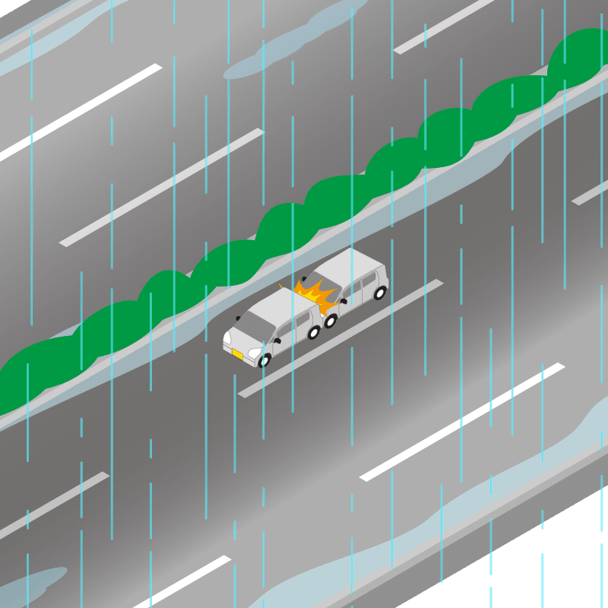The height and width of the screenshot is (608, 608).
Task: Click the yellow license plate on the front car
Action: point(237,354)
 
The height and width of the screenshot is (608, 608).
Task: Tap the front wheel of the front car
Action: point(264,359)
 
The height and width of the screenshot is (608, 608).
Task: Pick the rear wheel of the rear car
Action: point(380,292)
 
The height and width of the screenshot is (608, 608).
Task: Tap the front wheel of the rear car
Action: point(331,320)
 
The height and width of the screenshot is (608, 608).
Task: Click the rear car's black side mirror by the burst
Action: point(343,302)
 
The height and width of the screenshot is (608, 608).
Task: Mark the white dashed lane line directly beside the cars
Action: point(342,338)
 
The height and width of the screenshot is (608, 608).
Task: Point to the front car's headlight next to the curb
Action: point(226,335)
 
